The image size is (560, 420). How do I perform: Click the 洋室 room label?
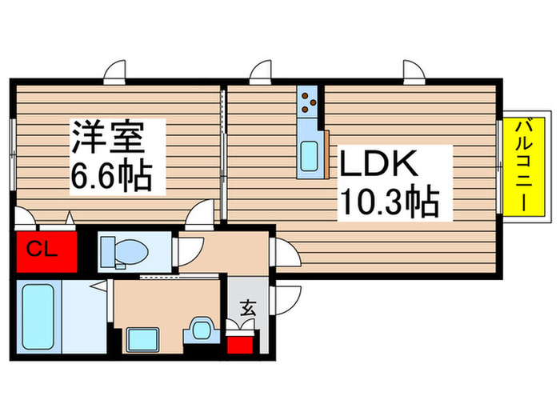[x=109, y=138]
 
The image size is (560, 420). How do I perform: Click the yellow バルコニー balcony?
[x=523, y=166]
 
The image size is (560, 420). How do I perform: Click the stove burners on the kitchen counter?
[x=310, y=102]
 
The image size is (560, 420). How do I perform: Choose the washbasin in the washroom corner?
[x=201, y=330]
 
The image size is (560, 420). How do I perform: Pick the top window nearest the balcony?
[x=414, y=74]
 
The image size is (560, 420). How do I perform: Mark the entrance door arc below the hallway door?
[x=284, y=301]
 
